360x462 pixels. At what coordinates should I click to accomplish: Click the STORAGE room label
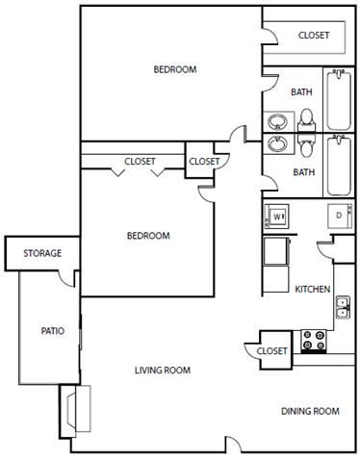42,253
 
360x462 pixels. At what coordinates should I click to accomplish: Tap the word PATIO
52,331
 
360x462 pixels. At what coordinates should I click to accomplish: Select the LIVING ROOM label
162,371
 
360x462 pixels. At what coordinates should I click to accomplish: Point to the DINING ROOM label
310,411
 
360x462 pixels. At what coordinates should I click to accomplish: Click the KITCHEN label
313,289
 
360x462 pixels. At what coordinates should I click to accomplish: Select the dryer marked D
339,217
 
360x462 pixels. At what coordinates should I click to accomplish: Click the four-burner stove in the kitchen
314,340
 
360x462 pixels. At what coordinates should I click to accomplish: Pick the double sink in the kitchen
343,306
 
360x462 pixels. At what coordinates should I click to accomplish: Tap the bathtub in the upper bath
339,100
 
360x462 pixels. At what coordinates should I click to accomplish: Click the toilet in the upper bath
307,118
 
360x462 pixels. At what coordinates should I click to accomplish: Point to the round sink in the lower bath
277,144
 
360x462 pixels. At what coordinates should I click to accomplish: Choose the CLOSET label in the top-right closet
313,36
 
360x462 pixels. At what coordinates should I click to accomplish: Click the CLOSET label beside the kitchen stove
271,351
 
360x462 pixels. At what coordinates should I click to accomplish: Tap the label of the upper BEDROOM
175,69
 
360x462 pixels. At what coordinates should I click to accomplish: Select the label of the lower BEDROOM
148,236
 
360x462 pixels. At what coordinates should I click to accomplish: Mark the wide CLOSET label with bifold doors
141,161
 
